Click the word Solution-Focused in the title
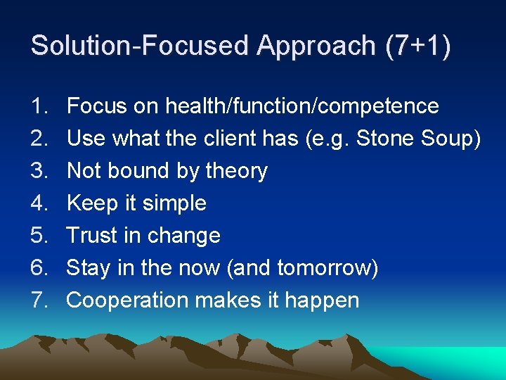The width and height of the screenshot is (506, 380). pyautogui.click(x=141, y=46)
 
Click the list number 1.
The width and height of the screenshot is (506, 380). pyautogui.click(x=37, y=106)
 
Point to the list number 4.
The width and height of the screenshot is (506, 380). pyautogui.click(x=37, y=203)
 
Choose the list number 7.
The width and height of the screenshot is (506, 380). pyautogui.click(x=37, y=300)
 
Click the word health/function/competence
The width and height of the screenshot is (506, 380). pyautogui.click(x=302, y=106)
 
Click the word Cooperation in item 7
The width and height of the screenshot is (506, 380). pyautogui.click(x=127, y=300)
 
